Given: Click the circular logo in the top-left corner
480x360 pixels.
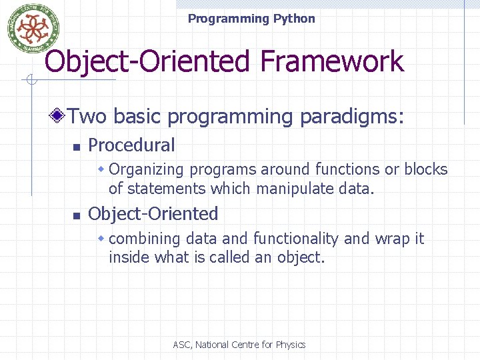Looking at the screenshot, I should (x=29, y=28).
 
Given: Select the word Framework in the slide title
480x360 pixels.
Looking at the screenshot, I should (x=332, y=62).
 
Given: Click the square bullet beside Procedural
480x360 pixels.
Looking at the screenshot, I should (x=77, y=147).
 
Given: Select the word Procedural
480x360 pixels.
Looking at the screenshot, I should (x=131, y=145).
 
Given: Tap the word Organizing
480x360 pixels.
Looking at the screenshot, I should (x=143, y=169).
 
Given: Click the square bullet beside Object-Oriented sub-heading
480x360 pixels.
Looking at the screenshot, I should (x=77, y=215).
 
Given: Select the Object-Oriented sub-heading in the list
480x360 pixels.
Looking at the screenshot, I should (x=153, y=214).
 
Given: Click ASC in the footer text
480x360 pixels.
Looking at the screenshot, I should (x=181, y=345).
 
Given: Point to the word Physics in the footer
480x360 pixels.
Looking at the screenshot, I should (x=291, y=345).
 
